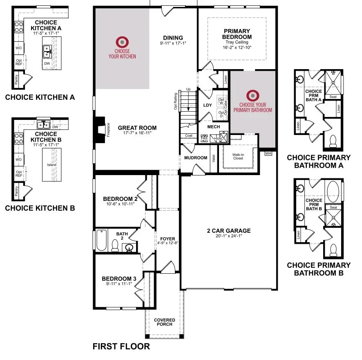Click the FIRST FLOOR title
(121, 346)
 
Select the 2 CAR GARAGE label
(228, 231)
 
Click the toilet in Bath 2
(115, 245)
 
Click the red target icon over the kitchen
(122, 41)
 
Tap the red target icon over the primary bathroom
(253, 96)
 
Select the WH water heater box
(268, 153)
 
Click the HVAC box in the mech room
(219, 139)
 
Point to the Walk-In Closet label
(238, 156)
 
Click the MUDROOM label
(195, 157)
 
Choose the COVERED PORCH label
(165, 322)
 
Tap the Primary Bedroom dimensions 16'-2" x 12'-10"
(237, 47)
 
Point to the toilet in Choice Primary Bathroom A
(332, 140)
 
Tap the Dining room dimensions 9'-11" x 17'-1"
(173, 43)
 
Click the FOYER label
(168, 239)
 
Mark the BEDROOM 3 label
(119, 279)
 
